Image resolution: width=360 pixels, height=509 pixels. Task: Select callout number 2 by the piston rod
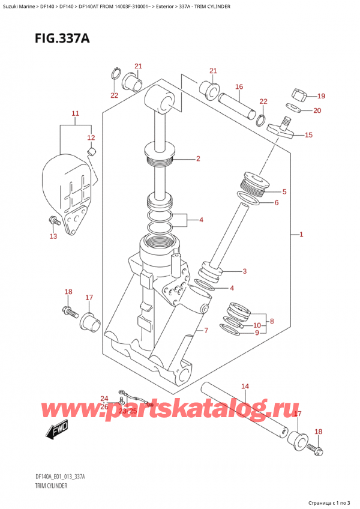[x=197, y=159]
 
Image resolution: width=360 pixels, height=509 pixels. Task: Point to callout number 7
[x=206, y=330]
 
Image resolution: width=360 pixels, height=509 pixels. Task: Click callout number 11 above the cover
[x=75, y=113]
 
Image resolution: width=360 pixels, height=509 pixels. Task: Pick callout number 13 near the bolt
[x=53, y=236]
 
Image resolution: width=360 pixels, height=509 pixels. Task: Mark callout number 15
[x=308, y=135]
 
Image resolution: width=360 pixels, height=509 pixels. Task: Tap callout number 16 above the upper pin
[x=239, y=87]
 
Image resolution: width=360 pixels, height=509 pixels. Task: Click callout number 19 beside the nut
[x=321, y=96]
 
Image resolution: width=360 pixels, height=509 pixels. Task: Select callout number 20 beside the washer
[x=317, y=110]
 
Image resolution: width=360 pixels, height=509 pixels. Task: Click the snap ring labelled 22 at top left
[x=115, y=75]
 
